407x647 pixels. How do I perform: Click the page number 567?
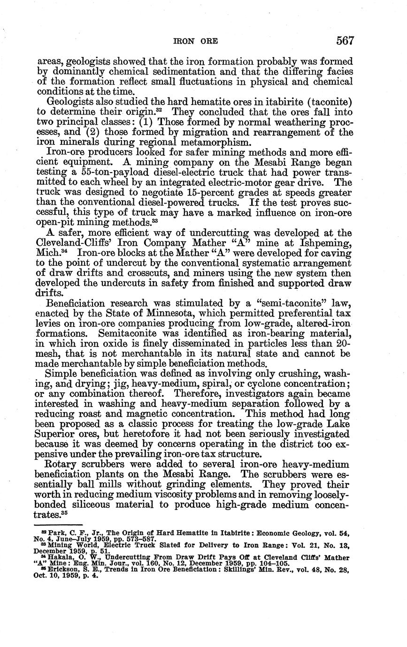(x=345, y=40)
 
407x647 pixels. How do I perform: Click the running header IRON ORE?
(x=196, y=41)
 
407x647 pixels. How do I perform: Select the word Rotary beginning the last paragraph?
(x=64, y=464)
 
